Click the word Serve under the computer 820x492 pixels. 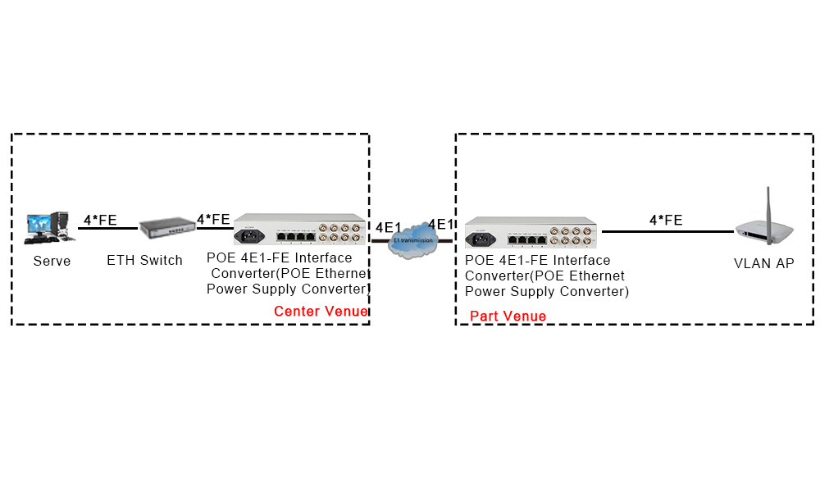tap(52, 262)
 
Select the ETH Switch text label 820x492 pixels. tap(145, 261)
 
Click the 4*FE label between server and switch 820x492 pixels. tap(100, 220)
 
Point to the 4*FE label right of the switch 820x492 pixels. tap(213, 219)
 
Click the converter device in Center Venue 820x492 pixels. tap(299, 230)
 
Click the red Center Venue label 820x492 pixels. tap(321, 312)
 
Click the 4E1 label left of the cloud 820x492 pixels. tap(389, 225)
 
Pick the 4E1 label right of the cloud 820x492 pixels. tap(441, 225)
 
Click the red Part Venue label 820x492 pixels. tap(508, 316)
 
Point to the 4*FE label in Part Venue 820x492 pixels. tap(666, 220)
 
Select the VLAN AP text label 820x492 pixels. tap(763, 263)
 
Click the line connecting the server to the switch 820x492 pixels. tap(107, 229)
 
